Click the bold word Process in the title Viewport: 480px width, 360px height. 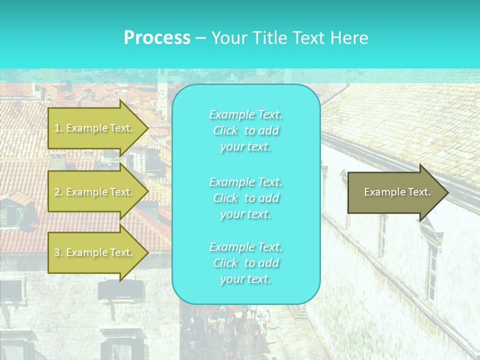pos(157,38)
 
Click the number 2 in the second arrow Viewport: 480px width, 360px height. pos(57,192)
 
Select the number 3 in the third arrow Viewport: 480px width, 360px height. pos(57,252)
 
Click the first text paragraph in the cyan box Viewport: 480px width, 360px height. pos(245,130)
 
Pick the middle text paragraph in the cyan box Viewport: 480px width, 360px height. pos(245,197)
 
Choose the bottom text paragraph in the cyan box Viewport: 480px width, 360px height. pos(245,263)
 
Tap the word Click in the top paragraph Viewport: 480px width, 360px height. pos(225,130)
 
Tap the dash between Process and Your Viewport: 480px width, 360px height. pos(200,38)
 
